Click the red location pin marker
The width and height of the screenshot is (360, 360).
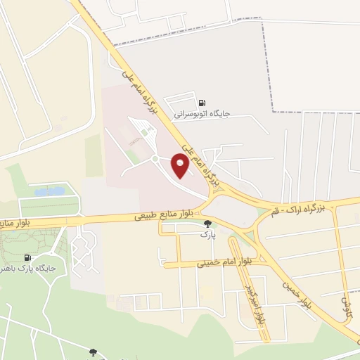(x=180, y=165)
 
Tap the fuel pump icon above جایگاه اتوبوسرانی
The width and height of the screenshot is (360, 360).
(x=202, y=102)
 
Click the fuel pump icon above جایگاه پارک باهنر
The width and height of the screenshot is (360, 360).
(x=27, y=258)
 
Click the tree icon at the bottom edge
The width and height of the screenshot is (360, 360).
(x=92, y=352)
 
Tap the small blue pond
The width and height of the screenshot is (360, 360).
(x=49, y=191)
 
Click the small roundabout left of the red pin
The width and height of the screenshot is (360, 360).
(x=153, y=159)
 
